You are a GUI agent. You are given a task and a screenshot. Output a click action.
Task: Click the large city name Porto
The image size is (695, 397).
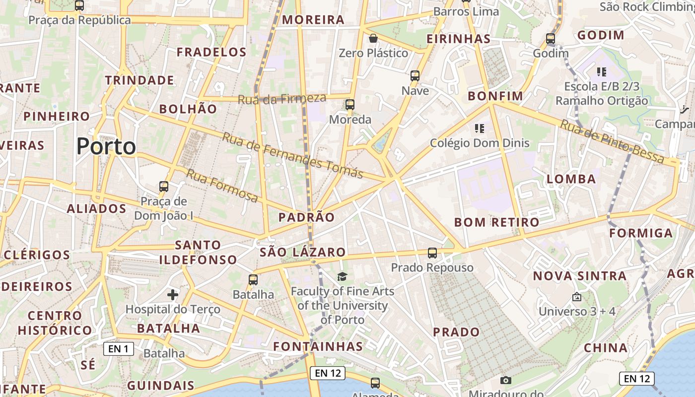pyautogui.click(x=106, y=146)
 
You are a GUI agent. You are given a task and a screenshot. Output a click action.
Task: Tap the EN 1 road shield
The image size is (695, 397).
pyautogui.click(x=119, y=349)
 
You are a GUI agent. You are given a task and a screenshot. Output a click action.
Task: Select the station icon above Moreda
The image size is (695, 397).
pyautogui.click(x=350, y=105)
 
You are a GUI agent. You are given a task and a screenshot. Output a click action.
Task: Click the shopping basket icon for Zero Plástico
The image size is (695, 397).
pyautogui.click(x=373, y=38)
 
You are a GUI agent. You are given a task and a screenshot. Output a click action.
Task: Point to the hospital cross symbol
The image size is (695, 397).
pyautogui.click(x=172, y=295)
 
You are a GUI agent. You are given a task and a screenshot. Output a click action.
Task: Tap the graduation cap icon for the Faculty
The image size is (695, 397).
pyautogui.click(x=342, y=276)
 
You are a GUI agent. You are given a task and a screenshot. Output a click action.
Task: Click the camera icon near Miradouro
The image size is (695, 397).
pyautogui.click(x=506, y=380)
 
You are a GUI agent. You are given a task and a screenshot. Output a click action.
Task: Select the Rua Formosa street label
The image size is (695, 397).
pyautogui.click(x=222, y=186)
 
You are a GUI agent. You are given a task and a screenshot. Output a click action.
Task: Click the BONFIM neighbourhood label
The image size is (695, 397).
pyautogui.click(x=495, y=96)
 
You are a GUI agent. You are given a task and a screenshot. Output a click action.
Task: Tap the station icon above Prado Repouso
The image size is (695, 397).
pyautogui.click(x=432, y=253)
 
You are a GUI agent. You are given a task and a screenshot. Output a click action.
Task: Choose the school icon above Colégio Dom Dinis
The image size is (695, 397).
pyautogui.click(x=479, y=129)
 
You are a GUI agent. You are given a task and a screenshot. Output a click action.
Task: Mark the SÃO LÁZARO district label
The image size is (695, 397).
pyautogui.click(x=302, y=252)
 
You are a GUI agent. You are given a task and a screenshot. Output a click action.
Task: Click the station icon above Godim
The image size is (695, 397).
pyautogui.click(x=550, y=39)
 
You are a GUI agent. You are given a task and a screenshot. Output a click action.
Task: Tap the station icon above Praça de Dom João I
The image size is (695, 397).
pyautogui.click(x=164, y=187)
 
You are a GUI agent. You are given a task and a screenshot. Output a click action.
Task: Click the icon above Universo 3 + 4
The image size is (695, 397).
pyautogui.click(x=576, y=297)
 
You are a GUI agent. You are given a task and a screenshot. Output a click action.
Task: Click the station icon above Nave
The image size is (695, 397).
pyautogui.click(x=415, y=76)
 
